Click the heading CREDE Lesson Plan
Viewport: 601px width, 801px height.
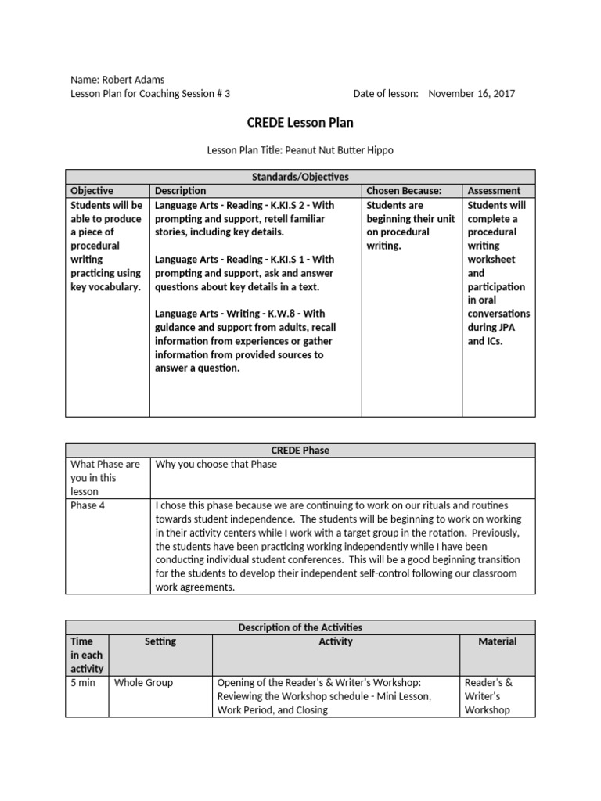pos(300,123)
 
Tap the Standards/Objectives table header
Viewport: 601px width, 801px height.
pos(300,177)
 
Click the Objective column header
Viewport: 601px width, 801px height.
pos(92,190)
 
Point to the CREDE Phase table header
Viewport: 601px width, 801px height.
pos(300,450)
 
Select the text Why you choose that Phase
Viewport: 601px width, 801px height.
pos(216,464)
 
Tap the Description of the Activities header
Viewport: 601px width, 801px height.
pos(300,627)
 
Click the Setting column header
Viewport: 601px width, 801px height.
pos(160,641)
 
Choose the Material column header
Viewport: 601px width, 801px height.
pos(498,641)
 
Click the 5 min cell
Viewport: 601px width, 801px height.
pos(83,682)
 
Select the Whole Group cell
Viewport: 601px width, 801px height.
pos(144,682)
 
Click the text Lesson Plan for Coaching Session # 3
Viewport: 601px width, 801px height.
pos(150,93)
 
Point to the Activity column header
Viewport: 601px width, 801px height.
pos(336,641)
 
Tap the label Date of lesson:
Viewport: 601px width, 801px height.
pos(386,93)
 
